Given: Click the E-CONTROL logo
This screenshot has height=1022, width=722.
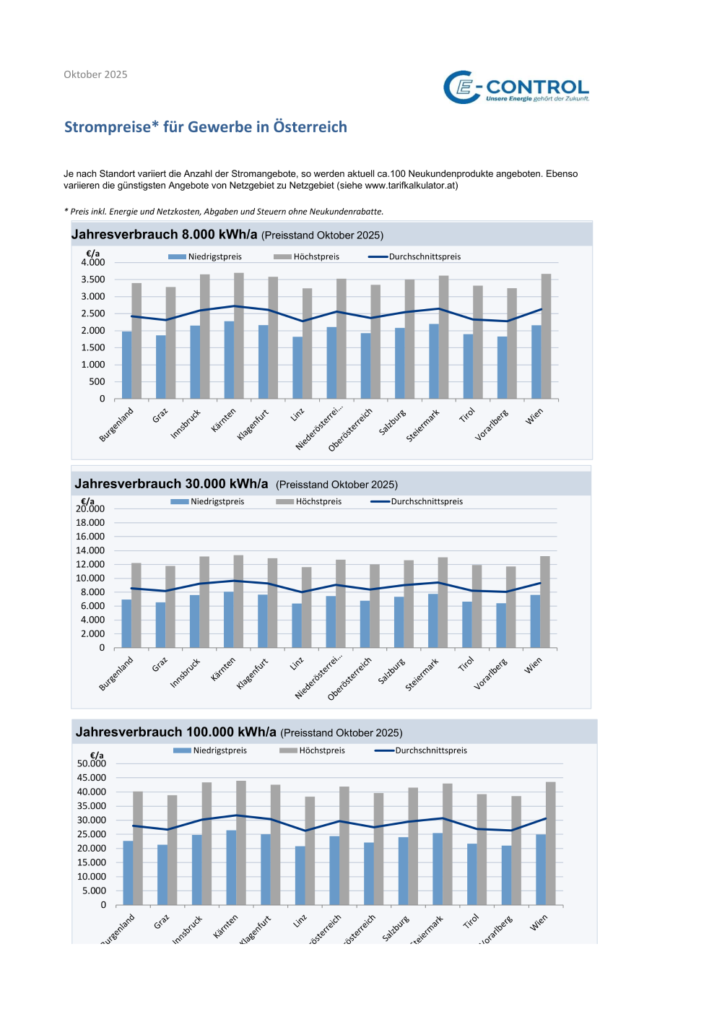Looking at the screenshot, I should pos(516,87).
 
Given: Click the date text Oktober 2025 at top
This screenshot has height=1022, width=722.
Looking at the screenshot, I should pos(95,74).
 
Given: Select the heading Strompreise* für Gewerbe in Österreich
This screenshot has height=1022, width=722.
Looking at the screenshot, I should pos(206,127).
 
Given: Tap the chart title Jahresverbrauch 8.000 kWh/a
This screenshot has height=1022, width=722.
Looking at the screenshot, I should pos(165,235).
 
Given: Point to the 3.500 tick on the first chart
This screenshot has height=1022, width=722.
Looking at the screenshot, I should pos(93,280).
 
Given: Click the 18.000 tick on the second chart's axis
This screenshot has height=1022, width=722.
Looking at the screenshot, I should pos(90,522).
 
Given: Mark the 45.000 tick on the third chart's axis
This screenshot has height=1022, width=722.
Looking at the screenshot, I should pos(92,778).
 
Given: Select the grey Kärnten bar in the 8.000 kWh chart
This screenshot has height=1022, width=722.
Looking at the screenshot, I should pos(239,336).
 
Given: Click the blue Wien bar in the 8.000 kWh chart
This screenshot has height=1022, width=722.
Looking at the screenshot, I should pos(536,362).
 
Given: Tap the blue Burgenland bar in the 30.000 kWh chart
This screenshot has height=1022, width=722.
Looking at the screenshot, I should pos(126,623).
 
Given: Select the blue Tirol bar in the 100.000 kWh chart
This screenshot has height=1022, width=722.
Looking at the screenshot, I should pos(472,874).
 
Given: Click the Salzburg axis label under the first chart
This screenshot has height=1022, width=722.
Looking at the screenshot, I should pos(393,423).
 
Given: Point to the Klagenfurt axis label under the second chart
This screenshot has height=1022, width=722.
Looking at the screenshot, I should pos(253,673).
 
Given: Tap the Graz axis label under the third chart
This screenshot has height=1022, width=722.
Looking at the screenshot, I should pos(162,922).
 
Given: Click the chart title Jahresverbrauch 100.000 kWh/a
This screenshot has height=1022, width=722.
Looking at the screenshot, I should pos(176,732).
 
